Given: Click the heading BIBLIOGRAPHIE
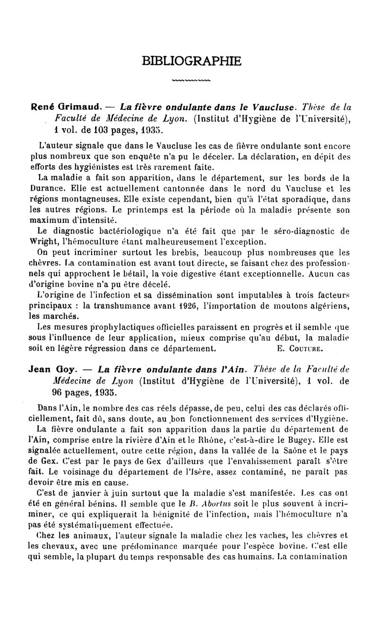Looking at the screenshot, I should pos(191,61).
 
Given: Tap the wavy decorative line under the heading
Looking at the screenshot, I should pos(191,81).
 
